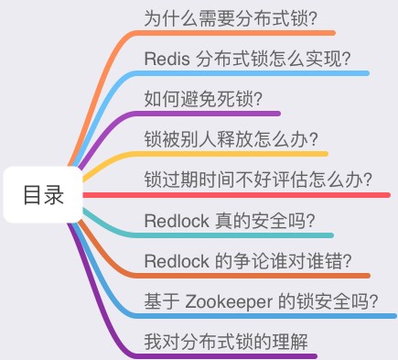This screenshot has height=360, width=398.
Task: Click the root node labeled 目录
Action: click(43, 194)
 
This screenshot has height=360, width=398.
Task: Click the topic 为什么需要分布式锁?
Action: click(238, 16)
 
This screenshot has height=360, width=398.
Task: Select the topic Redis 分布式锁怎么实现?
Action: click(248, 59)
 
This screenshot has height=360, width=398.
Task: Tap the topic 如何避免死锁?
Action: click(204, 99)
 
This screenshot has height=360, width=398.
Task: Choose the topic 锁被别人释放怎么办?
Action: click(231, 139)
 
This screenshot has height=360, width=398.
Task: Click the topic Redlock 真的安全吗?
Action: click(230, 220)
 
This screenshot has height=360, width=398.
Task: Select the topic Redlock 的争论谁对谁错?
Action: click(249, 260)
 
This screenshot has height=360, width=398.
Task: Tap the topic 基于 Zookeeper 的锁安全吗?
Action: click(262, 300)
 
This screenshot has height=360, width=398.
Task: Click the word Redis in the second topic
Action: click(167, 59)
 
